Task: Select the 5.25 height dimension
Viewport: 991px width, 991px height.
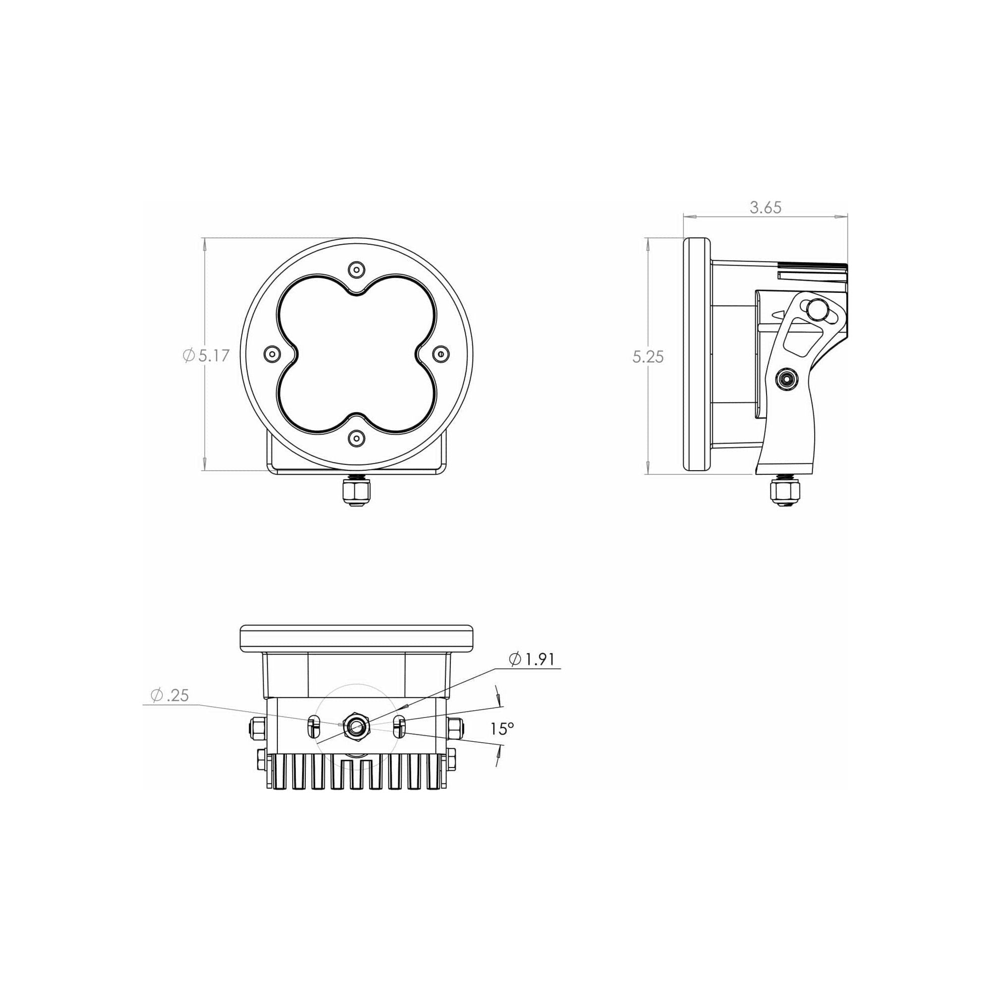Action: point(648,356)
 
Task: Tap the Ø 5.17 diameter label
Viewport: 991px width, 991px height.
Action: point(206,355)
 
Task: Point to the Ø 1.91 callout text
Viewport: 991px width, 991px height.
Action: point(532,659)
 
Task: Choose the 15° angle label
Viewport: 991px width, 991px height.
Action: point(501,728)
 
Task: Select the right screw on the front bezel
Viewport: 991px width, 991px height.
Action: point(440,353)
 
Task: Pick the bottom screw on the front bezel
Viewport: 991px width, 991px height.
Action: point(356,438)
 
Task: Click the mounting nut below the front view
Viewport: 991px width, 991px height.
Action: point(356,493)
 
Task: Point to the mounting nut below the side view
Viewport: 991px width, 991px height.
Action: point(785,493)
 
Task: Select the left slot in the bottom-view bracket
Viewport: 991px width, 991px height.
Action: point(312,726)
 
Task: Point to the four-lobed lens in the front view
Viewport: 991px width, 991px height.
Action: point(356,353)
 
